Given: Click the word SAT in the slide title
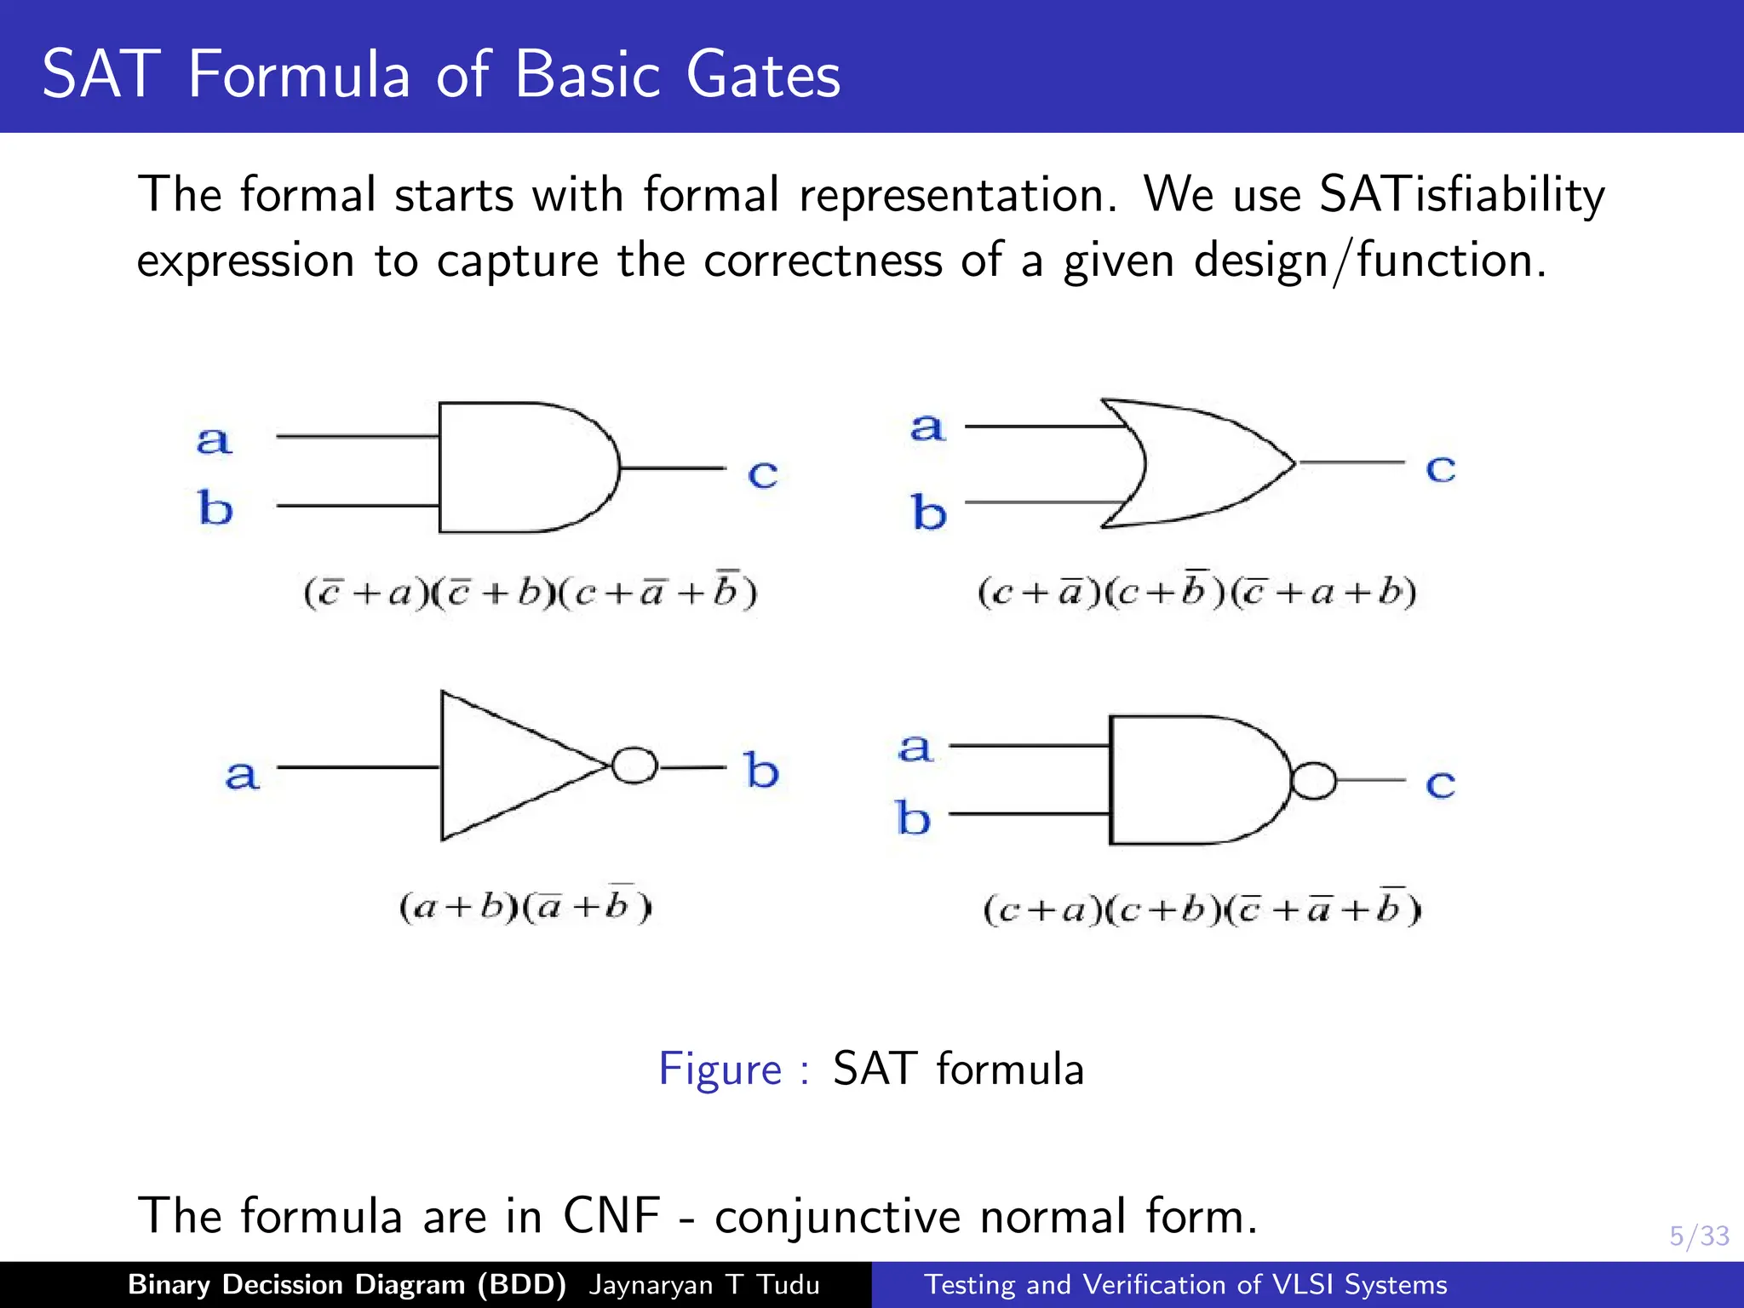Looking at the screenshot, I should tap(100, 75).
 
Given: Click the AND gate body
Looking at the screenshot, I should tap(519, 468).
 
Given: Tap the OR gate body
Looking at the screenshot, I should tap(1209, 463).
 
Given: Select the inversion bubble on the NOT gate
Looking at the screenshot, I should tap(634, 766).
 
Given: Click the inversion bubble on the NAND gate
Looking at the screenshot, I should tap(1313, 780).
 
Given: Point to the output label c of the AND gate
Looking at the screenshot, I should tap(763, 473).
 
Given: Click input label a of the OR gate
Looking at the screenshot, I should tap(928, 427).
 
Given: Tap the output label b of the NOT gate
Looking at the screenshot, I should tap(761, 771).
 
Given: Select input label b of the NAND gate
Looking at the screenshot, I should tap(914, 818).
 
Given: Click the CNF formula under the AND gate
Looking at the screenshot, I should tap(531, 592).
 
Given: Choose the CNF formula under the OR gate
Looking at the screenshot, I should tap(1197, 591).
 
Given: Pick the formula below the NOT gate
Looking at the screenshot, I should tap(525, 906).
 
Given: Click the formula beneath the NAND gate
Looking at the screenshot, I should tap(1202, 909).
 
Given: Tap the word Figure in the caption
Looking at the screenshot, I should tap(720, 1070).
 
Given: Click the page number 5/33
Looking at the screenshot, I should tap(1699, 1236).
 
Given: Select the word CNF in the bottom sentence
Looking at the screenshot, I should tap(611, 1215).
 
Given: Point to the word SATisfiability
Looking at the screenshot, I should tap(1461, 195).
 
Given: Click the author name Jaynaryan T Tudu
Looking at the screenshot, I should tap(703, 1284).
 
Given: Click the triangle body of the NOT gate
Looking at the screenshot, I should tap(502, 766).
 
